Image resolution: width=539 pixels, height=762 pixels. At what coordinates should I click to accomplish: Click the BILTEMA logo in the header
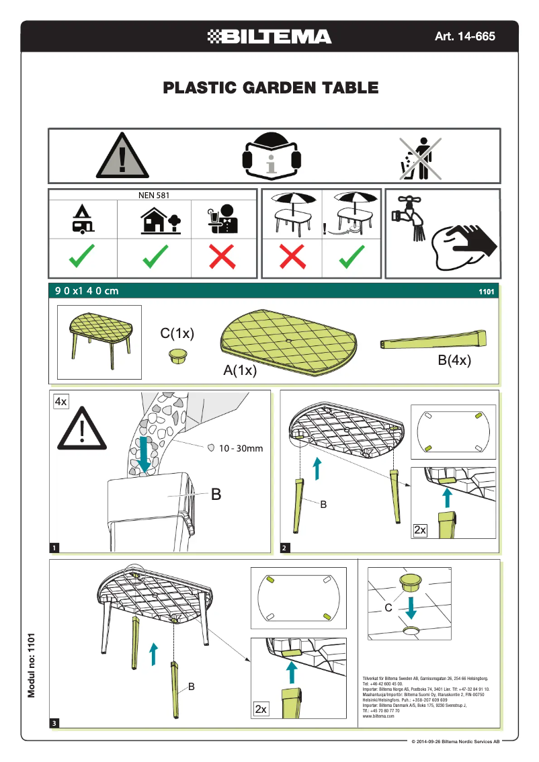click(269, 36)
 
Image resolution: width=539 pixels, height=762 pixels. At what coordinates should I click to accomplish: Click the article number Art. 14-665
click(464, 36)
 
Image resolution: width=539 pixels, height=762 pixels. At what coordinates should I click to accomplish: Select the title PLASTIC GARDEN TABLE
click(270, 87)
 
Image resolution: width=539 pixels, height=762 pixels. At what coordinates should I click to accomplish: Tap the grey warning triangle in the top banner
click(122, 156)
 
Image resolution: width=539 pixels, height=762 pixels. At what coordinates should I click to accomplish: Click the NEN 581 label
click(153, 196)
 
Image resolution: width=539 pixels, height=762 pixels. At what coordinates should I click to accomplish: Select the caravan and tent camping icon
click(83, 219)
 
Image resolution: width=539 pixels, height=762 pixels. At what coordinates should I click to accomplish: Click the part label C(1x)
click(177, 333)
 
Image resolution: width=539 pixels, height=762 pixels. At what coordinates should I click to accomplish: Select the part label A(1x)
click(241, 371)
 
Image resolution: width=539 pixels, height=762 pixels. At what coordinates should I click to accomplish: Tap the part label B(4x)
click(454, 360)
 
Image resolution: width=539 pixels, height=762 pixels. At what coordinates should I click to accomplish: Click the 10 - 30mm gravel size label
click(241, 448)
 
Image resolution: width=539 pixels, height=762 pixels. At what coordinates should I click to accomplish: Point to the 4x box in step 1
click(61, 401)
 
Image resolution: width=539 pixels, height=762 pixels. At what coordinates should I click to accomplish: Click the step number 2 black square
click(285, 548)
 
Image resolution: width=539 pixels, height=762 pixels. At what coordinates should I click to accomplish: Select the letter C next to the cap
click(388, 607)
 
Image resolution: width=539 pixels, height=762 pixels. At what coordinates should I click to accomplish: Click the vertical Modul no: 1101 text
click(31, 663)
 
